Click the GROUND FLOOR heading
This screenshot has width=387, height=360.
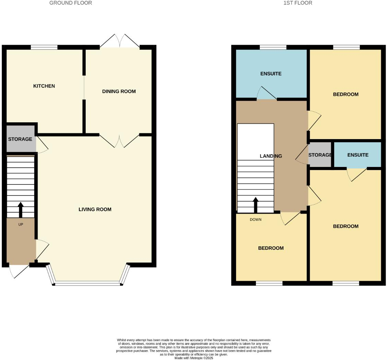(x=71, y=3)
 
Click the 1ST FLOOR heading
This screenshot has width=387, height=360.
(x=297, y=3)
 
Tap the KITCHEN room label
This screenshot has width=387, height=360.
(x=44, y=86)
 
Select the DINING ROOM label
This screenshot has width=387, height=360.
(x=119, y=91)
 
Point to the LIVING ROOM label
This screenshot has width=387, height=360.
(x=95, y=209)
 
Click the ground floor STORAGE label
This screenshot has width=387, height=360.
(x=20, y=139)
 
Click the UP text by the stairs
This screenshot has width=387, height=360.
(x=21, y=224)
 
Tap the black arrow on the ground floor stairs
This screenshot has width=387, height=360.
(x=21, y=210)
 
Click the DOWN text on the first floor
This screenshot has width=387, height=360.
(x=256, y=220)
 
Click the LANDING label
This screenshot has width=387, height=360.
(x=271, y=156)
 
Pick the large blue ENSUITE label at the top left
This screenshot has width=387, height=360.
(x=271, y=74)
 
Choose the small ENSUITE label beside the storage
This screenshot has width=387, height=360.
(x=358, y=155)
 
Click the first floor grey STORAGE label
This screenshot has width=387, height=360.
(x=320, y=155)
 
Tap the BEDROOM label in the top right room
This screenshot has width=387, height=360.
(x=345, y=94)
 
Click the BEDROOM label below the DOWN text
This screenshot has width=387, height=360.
(x=271, y=248)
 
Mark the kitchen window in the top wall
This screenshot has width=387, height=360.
(x=44, y=47)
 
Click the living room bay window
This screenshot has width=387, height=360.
(x=88, y=283)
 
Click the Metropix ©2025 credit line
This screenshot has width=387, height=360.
(x=194, y=358)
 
